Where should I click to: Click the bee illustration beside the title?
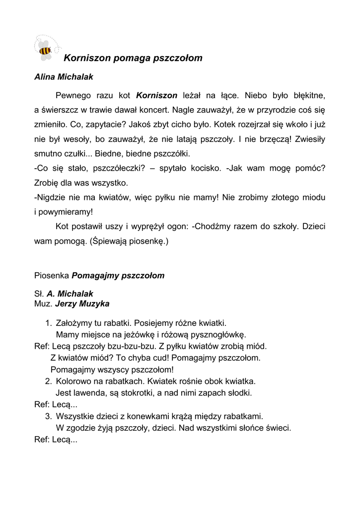[x=45, y=50]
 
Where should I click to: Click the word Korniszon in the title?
[x=87, y=58]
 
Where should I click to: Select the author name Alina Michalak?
[x=64, y=77]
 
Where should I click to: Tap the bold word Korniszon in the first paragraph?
[x=156, y=95]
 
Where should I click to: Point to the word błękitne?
[x=308, y=95]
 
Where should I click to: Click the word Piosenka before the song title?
[x=52, y=275]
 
